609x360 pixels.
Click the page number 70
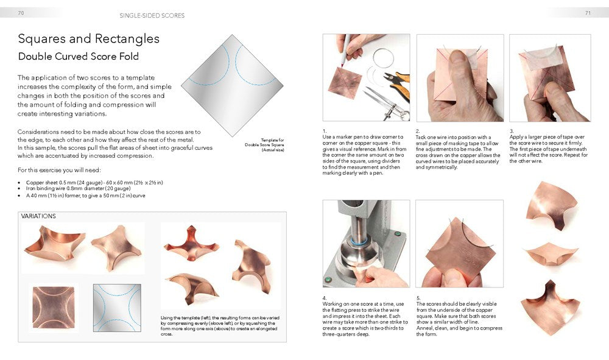21,12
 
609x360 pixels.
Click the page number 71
588,12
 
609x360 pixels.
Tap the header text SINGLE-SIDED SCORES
152,15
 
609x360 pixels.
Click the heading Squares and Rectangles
88,39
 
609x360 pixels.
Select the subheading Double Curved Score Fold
78,57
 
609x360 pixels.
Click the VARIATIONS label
38,216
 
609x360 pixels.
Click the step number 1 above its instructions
324,130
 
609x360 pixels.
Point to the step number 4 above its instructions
324,298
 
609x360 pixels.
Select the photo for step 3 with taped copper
549,77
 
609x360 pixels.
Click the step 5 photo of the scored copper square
459,244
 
